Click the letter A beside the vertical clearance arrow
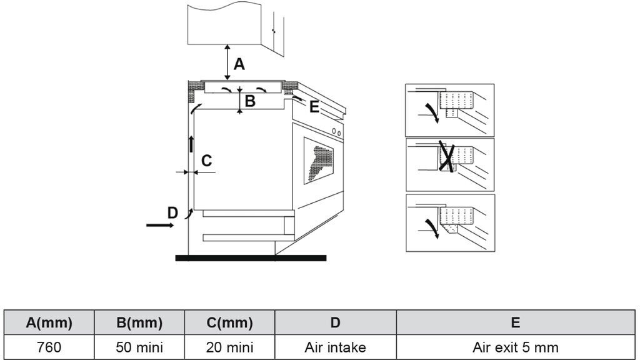239,64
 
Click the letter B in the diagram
249,101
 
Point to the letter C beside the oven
206,161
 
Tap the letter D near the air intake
172,212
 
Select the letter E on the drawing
314,107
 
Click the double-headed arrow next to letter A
227,62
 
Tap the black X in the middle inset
446,156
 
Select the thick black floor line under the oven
251,257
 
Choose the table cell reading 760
49,347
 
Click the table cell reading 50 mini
139,347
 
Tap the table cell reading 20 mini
229,347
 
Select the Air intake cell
335,347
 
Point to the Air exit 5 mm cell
515,347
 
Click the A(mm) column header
49,322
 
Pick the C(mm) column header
229,322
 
